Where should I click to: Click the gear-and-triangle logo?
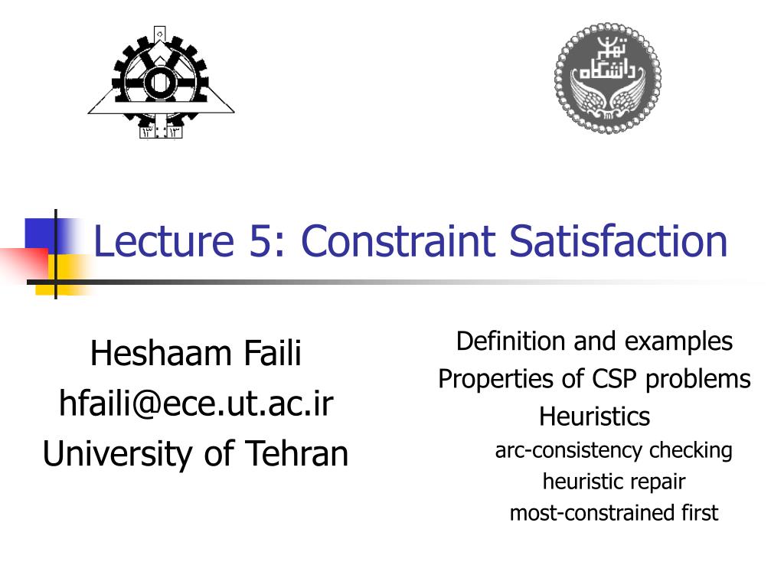tap(160, 82)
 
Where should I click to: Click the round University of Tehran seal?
tap(608, 77)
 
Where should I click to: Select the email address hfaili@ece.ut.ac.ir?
tap(196, 403)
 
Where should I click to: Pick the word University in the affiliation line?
tap(118, 453)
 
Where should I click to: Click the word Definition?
tap(511, 341)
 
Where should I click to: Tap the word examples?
tap(678, 341)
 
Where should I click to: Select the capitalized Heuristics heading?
tap(594, 416)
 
